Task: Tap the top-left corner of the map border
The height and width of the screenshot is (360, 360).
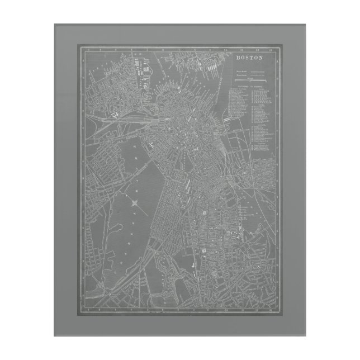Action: [78, 47]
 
